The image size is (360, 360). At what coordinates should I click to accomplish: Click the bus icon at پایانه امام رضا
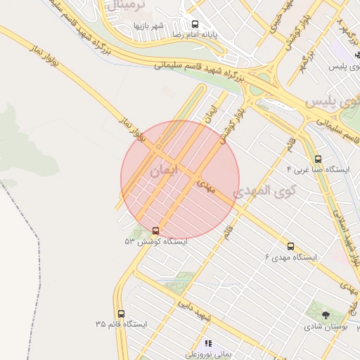coord(185,24)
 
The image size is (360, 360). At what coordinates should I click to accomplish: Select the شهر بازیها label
coord(148,26)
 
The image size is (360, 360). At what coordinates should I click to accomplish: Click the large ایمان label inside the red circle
coord(165,171)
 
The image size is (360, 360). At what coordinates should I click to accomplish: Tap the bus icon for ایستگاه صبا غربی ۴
coord(319,159)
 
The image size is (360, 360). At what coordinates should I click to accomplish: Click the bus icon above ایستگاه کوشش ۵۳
coord(155,230)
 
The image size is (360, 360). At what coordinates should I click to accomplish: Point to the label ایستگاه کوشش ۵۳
coord(155,241)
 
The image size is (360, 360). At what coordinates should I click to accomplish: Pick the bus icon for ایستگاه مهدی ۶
coord(291,245)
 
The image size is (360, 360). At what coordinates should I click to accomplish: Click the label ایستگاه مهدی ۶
coord(290,257)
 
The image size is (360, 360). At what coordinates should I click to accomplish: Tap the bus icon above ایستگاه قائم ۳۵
coord(121,314)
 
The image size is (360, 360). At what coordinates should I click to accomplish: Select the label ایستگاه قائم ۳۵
coord(121,325)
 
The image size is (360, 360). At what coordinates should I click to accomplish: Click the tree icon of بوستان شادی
coord(325,315)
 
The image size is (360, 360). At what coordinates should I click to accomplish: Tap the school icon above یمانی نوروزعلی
coord(208,343)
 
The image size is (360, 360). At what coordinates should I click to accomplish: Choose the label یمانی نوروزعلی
coord(208,355)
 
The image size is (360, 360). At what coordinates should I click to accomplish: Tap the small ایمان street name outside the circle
coord(207,115)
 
